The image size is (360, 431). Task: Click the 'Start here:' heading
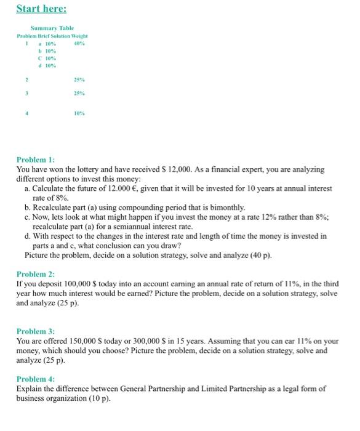(x=41, y=9)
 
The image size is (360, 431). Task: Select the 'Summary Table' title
(x=52, y=28)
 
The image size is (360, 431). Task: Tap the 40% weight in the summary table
(x=79, y=44)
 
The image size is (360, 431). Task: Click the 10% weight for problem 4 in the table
(x=79, y=114)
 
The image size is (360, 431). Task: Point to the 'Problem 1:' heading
(x=36, y=159)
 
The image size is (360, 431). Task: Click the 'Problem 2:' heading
(x=36, y=274)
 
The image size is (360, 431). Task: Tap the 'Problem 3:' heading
(x=36, y=331)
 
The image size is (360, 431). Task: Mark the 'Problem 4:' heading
(x=36, y=379)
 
